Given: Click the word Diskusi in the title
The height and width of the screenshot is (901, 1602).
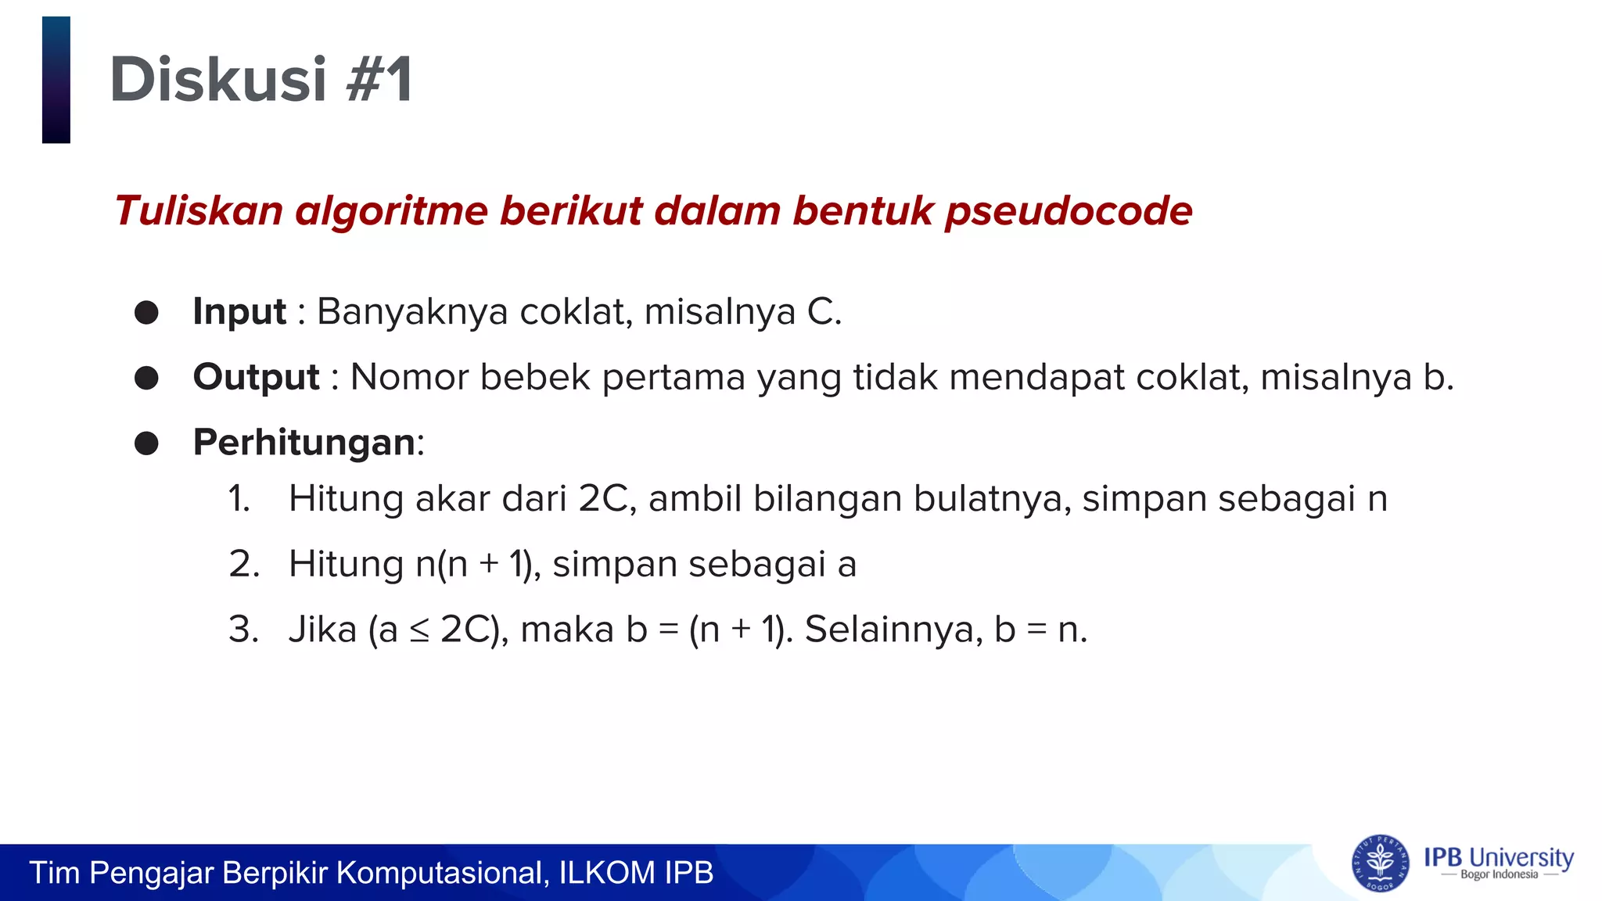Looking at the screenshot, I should tap(217, 80).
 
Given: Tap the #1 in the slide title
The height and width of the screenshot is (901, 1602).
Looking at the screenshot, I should tap(379, 80).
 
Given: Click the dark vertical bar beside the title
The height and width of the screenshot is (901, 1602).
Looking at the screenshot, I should tap(56, 80).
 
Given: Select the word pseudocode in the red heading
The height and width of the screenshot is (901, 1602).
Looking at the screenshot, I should tap(1069, 211).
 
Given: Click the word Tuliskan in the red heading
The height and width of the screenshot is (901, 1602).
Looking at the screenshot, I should tap(199, 211).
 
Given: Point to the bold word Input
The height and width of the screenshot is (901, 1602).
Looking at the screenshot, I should tap(239, 311).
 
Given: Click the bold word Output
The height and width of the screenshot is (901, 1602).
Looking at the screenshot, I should tap(256, 377).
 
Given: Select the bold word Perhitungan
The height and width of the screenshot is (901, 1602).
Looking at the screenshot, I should tap(304, 443).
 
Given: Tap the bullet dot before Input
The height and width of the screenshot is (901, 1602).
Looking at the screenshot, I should tap(146, 313).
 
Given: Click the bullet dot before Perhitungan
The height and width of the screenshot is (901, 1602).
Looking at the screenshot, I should tap(146, 443).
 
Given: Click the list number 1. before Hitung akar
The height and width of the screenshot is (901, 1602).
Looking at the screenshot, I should tap(239, 499).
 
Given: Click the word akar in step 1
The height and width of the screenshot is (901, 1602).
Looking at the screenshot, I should tap(453, 499).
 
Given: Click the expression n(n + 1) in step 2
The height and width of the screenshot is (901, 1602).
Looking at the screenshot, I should tap(477, 565).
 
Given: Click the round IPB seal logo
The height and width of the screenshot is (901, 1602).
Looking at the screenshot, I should tap(1380, 863).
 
